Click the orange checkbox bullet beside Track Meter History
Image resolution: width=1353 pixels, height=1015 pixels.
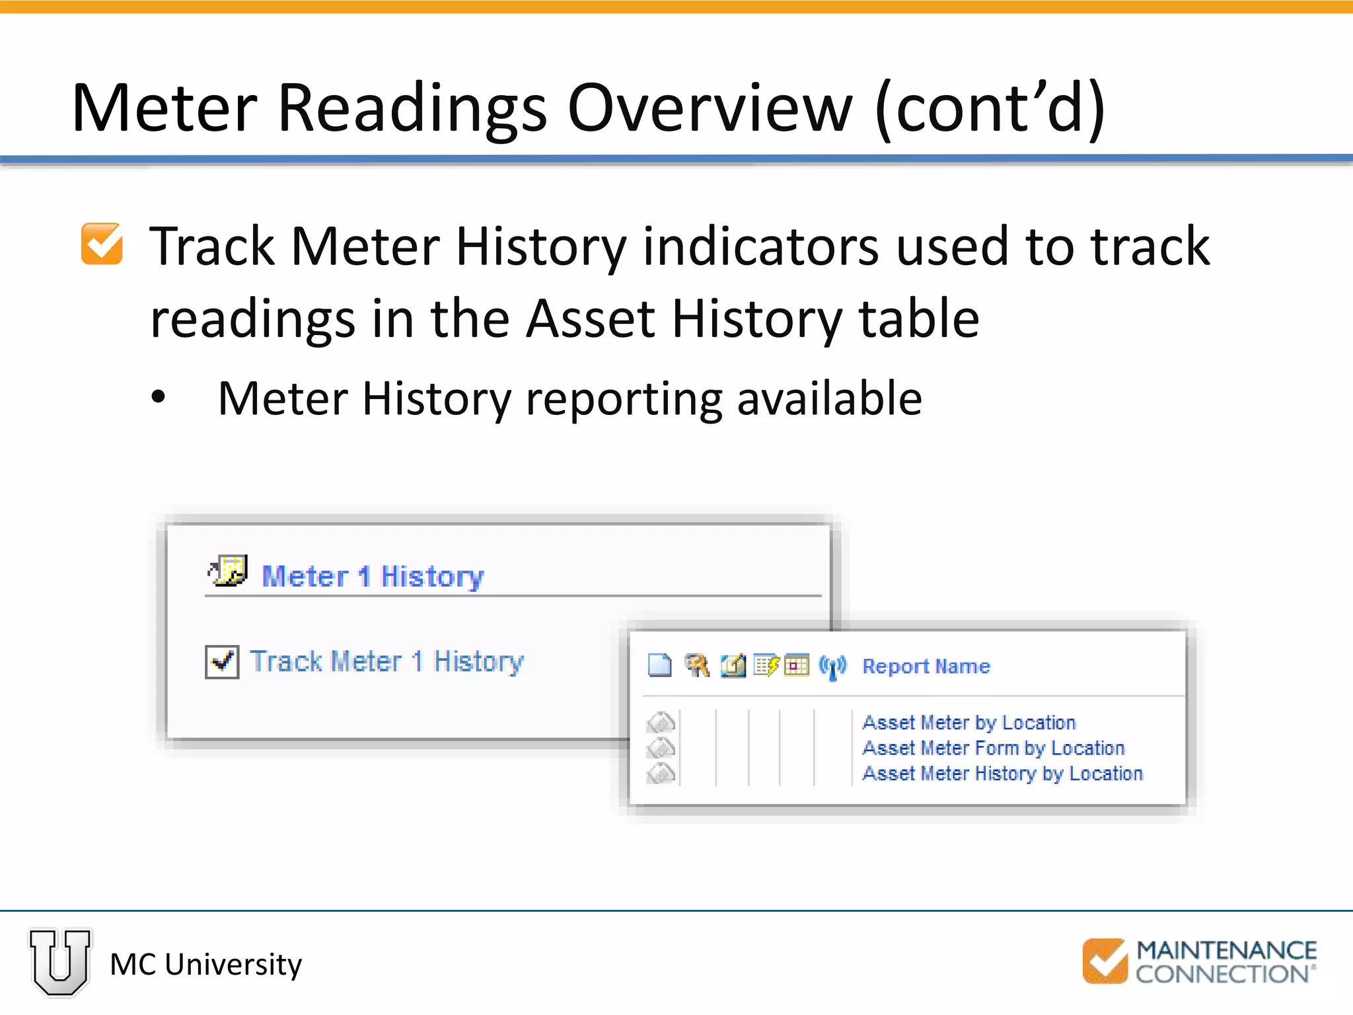click(x=102, y=244)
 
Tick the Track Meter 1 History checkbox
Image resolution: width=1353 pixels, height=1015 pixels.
click(x=222, y=661)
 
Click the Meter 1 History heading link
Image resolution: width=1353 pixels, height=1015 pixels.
click(x=373, y=576)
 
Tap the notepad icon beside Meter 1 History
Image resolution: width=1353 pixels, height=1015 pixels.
click(x=229, y=571)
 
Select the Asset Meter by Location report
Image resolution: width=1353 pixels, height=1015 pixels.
click(x=969, y=722)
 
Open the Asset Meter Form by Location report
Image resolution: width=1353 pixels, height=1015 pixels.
click(x=993, y=748)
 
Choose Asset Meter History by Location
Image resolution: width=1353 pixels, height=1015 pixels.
click(x=1002, y=773)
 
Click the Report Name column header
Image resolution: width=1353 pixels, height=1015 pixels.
click(x=926, y=666)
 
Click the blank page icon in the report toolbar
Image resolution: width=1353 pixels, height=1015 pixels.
click(x=659, y=665)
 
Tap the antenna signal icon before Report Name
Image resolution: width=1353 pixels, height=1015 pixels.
click(x=832, y=666)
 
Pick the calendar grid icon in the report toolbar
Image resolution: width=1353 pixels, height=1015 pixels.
click(x=797, y=665)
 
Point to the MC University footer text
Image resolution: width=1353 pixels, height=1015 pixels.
click(x=205, y=965)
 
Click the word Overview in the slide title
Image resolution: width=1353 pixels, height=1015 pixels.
click(x=710, y=108)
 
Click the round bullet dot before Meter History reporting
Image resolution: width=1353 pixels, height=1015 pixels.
click(x=159, y=398)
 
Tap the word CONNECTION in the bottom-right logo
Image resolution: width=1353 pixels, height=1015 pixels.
click(x=1222, y=974)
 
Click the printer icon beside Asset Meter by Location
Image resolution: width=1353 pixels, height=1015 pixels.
click(x=661, y=722)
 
